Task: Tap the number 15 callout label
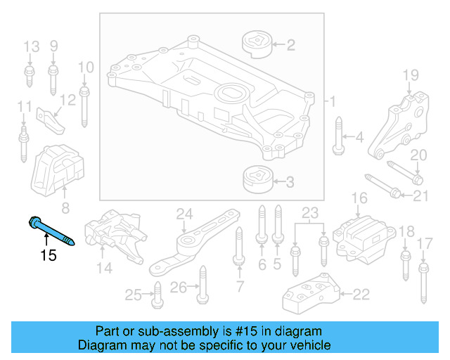(48, 255)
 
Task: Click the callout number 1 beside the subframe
(333, 101)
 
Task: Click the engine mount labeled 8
(60, 172)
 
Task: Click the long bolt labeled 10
(85, 104)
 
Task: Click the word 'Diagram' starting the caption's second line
(101, 345)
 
